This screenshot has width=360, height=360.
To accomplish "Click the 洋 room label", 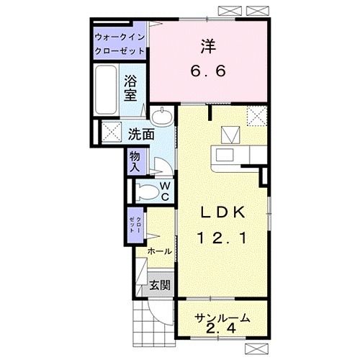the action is coord(208,46).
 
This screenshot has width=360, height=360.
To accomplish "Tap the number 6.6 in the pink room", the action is coord(208,71).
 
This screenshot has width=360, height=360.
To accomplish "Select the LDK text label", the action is coord(222,212).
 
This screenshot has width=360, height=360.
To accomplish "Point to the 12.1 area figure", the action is coord(222,238).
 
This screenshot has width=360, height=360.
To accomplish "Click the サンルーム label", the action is coord(222,318).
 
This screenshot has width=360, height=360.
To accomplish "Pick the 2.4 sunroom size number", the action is coord(220,328).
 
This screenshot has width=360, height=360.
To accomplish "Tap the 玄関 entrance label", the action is coord(160,285).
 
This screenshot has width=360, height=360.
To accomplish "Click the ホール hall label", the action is coord(160,251).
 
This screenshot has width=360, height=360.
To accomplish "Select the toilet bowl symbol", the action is coord(147,192).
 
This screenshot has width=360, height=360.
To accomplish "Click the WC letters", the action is coord(166,192).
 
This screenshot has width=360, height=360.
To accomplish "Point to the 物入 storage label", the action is coord(135,162).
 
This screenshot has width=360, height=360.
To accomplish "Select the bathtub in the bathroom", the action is coord(106,90).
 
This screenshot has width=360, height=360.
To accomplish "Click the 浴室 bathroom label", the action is coord(130,88).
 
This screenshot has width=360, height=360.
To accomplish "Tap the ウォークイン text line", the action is coord(120,37).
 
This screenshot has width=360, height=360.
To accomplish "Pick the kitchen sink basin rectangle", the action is coord(225,155).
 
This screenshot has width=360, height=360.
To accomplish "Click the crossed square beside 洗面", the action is coord(112,132).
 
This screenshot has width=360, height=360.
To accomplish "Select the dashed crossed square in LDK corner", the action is coord(257,116).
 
